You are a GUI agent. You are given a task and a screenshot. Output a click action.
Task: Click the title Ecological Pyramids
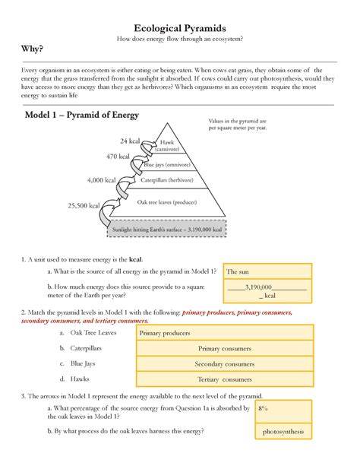(x=179, y=27)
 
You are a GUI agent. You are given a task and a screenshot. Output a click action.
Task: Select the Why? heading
(x=32, y=49)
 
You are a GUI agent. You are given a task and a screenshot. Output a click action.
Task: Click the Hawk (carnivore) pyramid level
(x=169, y=146)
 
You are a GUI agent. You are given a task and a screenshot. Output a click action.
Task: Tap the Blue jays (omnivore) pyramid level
(x=169, y=164)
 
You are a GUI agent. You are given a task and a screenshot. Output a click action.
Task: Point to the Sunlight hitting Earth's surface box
(x=167, y=228)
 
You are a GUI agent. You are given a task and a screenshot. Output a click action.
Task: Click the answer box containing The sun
(x=268, y=271)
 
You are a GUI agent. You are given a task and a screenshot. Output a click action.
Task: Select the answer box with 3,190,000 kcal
(x=268, y=291)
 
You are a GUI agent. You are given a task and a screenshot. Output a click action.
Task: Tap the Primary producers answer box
(x=224, y=333)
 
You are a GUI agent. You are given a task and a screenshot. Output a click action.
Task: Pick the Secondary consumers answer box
(x=224, y=364)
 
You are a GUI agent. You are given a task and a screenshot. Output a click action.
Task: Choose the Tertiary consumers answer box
(x=224, y=379)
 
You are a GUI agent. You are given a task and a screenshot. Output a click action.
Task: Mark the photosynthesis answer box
(x=283, y=432)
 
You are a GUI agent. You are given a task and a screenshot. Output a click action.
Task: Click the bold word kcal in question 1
(x=136, y=259)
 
